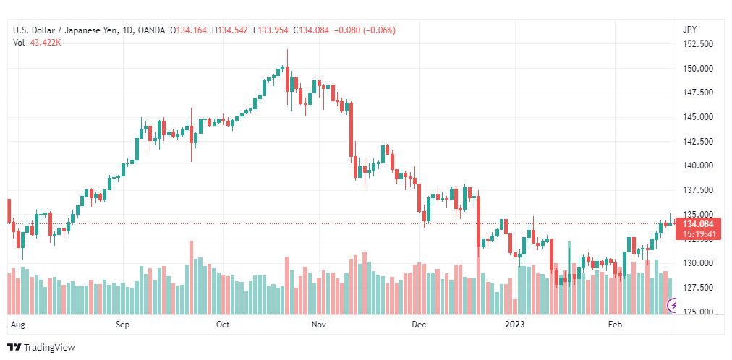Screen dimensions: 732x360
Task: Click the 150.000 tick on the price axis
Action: pos(697,69)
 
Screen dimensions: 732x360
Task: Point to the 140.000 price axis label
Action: pos(697,166)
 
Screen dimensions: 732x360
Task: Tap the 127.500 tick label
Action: pos(697,288)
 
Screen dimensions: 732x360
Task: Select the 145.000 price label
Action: pos(697,117)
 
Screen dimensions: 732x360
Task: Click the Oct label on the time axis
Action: pos(223,325)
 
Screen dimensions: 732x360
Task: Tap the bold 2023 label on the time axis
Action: pos(515,325)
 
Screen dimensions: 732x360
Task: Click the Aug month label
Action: pos(17,325)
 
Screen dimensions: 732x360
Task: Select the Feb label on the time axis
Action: pos(615,325)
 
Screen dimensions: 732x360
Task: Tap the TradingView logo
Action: pos(41,347)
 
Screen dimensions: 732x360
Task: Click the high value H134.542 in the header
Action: pos(230,30)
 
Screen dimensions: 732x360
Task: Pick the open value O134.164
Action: pos(188,30)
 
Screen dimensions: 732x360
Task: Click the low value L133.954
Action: pos(271,30)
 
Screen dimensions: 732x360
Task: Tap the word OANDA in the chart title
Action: pos(152,30)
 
